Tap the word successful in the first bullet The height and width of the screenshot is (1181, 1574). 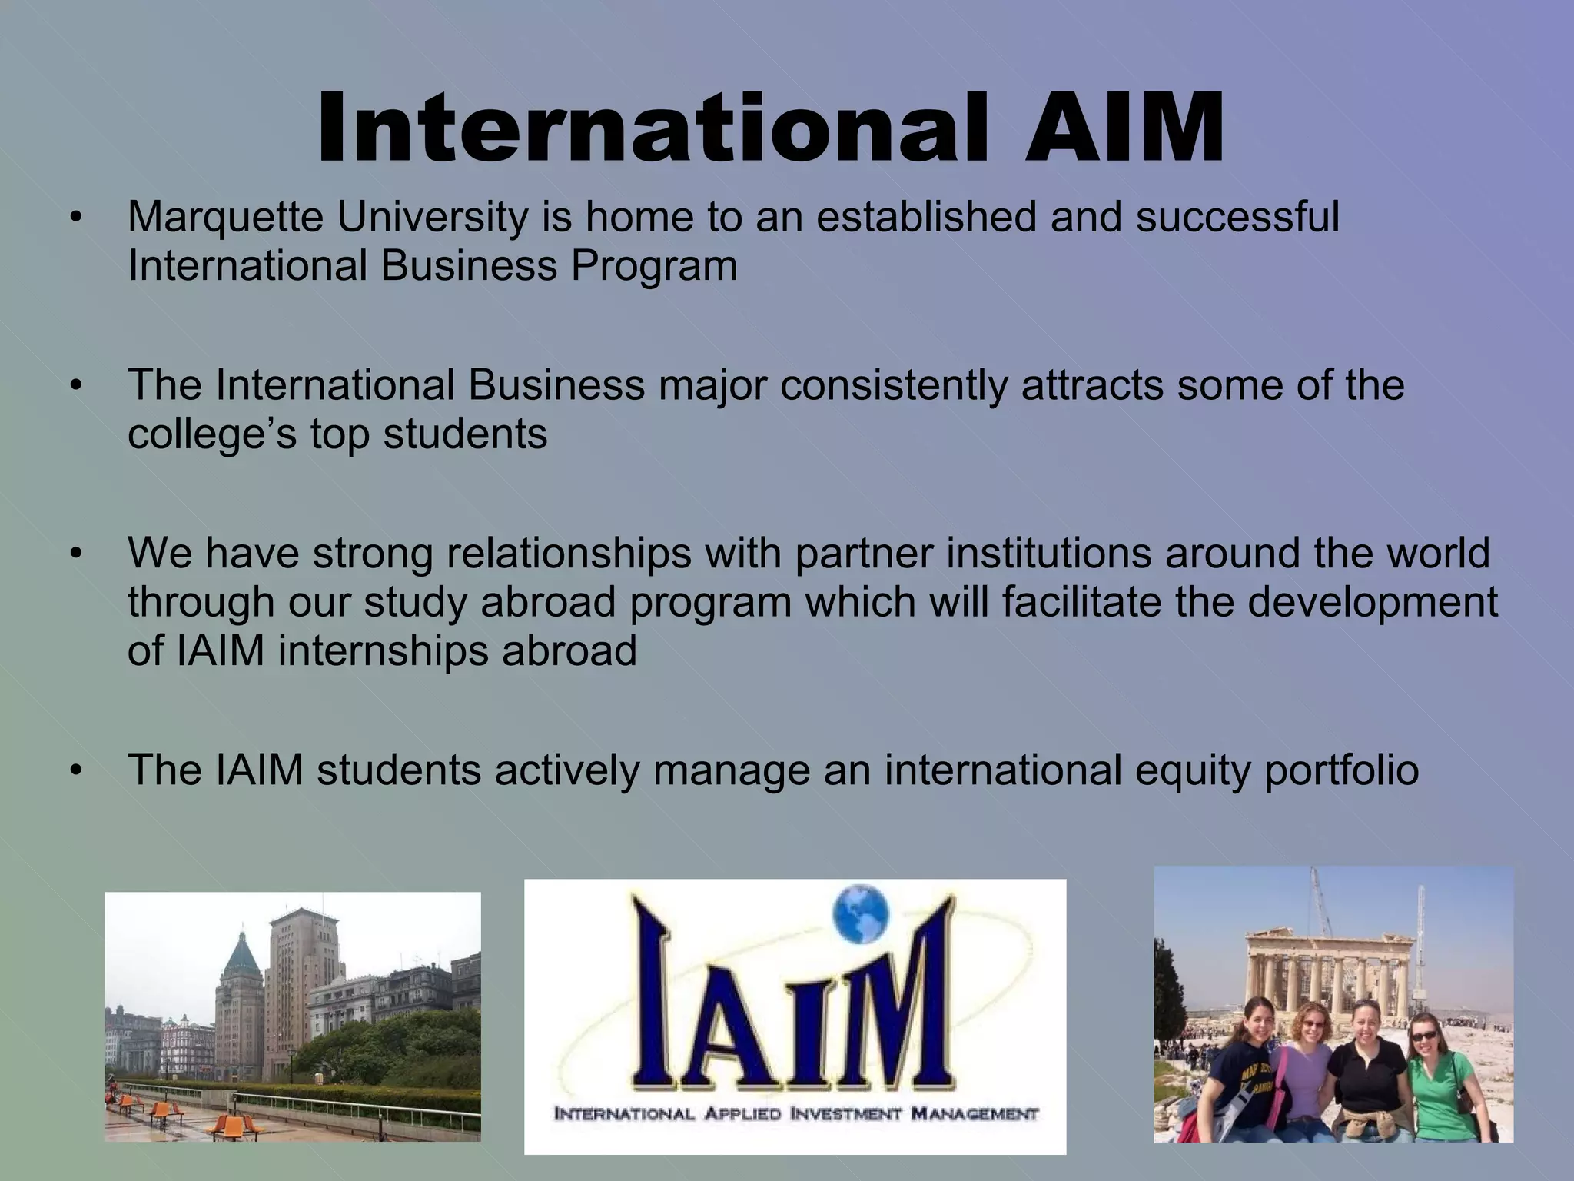tap(1237, 218)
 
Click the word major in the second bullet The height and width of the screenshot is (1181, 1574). tap(712, 386)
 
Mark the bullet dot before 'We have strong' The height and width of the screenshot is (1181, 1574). tap(75, 554)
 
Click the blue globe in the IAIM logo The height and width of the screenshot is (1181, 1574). tap(860, 914)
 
